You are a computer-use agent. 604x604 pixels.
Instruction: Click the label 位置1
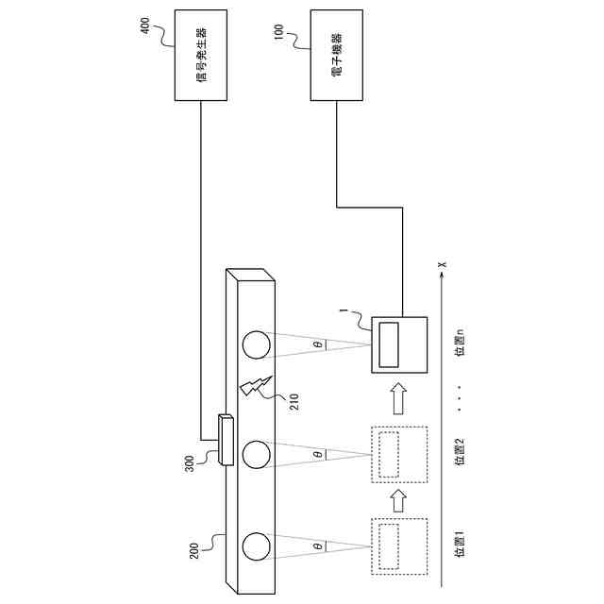tap(461, 546)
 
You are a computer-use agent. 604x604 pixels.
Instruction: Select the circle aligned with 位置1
tap(257, 546)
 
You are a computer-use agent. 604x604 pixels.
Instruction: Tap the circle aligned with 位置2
tap(257, 455)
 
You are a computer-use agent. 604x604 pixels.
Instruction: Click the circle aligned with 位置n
tap(257, 345)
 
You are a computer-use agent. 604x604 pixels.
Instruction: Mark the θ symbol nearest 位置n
tap(317, 345)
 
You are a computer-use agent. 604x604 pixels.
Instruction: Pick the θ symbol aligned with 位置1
tap(317, 546)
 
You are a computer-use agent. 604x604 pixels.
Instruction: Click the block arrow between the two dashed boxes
tap(398, 496)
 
